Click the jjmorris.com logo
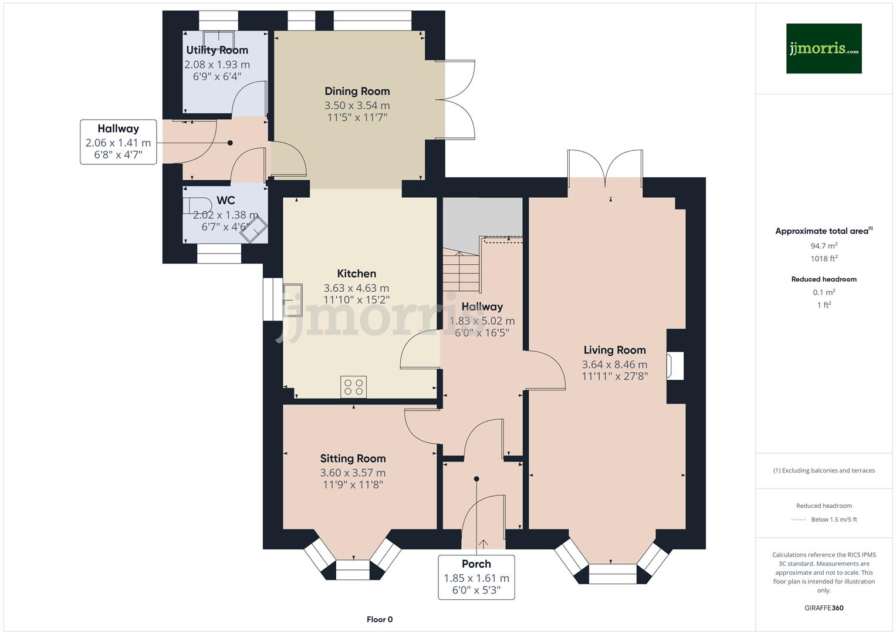(x=823, y=48)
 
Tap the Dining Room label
(x=357, y=91)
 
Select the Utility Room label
(x=217, y=50)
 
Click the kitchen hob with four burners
(x=353, y=387)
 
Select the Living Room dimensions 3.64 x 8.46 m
(x=614, y=365)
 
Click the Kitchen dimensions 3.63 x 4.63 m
(x=356, y=288)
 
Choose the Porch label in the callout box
(x=476, y=564)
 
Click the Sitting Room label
(x=353, y=458)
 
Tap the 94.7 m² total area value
(x=824, y=246)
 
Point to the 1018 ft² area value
(x=824, y=258)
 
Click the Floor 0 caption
(x=379, y=619)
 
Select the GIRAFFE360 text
(x=824, y=608)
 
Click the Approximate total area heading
(x=823, y=231)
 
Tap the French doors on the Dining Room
(x=457, y=99)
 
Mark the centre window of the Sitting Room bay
(x=353, y=565)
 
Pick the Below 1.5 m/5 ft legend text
(x=833, y=520)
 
